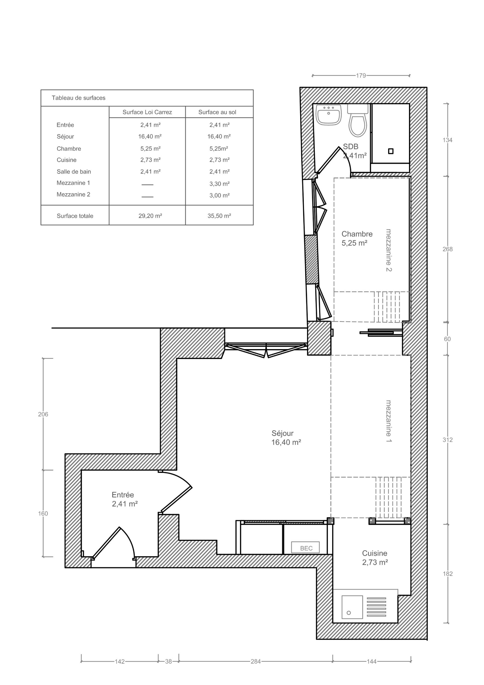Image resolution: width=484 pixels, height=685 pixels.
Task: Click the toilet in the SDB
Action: [358, 120]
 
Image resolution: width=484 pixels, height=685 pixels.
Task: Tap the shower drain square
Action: [391, 151]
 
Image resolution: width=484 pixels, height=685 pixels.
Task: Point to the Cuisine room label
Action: [375, 558]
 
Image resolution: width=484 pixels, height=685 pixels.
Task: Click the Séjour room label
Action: [286, 438]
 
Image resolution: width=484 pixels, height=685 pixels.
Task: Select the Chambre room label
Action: [357, 238]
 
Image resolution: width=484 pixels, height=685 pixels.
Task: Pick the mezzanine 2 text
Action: [389, 250]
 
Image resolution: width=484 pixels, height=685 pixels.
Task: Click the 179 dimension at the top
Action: [361, 75]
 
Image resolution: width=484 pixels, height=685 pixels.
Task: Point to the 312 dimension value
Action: [447, 440]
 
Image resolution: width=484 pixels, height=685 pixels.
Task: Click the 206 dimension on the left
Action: [43, 414]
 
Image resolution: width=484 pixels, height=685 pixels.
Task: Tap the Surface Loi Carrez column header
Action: [147, 112]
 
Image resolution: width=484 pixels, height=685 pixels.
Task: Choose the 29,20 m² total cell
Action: [150, 216]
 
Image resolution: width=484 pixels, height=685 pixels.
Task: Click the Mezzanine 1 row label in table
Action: [73, 183]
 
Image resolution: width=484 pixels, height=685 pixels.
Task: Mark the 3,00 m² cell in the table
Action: [219, 195]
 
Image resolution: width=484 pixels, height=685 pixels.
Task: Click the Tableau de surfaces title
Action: [78, 98]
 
